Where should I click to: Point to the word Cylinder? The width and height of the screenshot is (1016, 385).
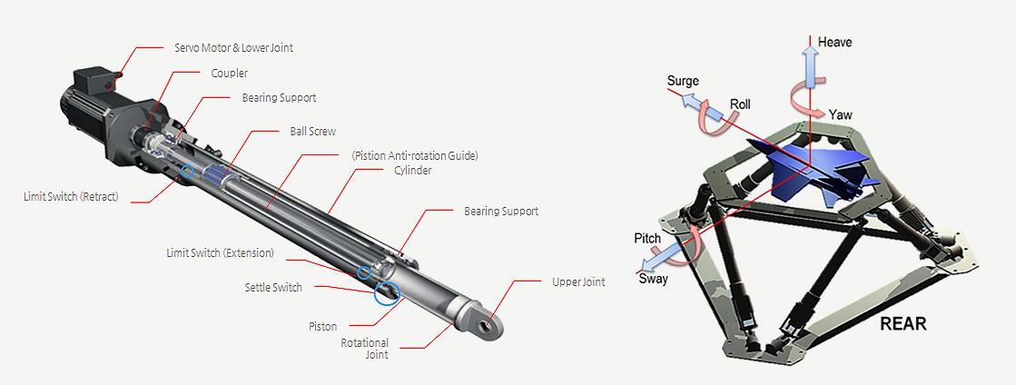tap(413, 170)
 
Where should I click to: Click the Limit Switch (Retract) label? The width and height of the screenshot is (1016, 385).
tap(71, 196)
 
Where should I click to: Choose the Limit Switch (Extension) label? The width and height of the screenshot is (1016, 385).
tap(220, 252)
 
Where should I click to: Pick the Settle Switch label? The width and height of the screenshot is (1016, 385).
tap(273, 288)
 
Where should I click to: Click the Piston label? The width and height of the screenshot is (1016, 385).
tap(322, 324)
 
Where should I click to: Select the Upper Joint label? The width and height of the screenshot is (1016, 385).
tap(578, 282)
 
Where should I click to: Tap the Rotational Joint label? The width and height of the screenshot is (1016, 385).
tap(365, 349)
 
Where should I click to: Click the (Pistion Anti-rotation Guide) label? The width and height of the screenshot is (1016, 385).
tap(414, 155)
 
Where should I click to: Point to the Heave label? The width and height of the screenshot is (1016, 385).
tap(834, 43)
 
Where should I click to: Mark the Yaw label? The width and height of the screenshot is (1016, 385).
tap(840, 115)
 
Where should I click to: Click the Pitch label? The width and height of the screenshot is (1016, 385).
tap(646, 238)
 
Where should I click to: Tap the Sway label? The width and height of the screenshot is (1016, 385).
tap(653, 279)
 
